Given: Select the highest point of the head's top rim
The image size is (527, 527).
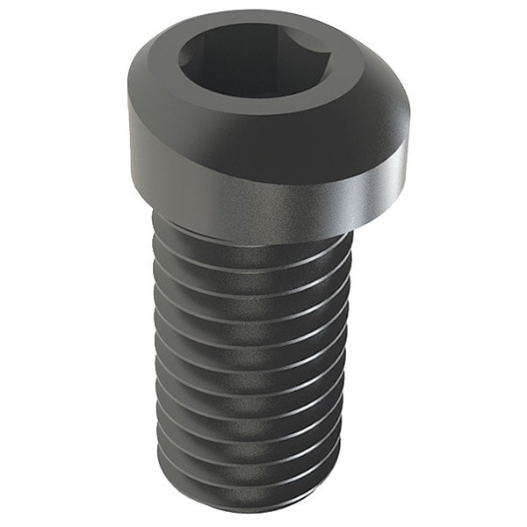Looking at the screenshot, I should [263, 11].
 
